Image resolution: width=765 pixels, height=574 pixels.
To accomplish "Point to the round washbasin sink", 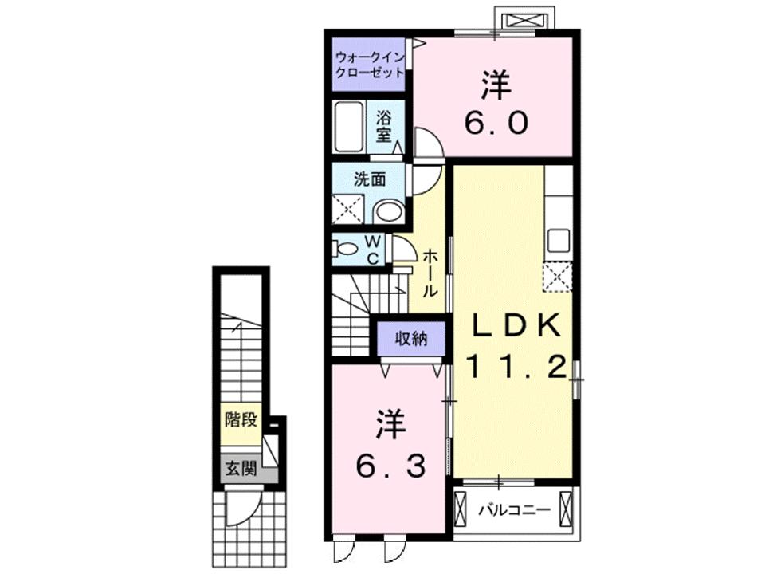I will tap(388, 210).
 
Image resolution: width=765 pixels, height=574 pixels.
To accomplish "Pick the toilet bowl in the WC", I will tap(345, 249).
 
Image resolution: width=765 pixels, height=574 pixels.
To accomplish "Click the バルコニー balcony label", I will tap(514, 508).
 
